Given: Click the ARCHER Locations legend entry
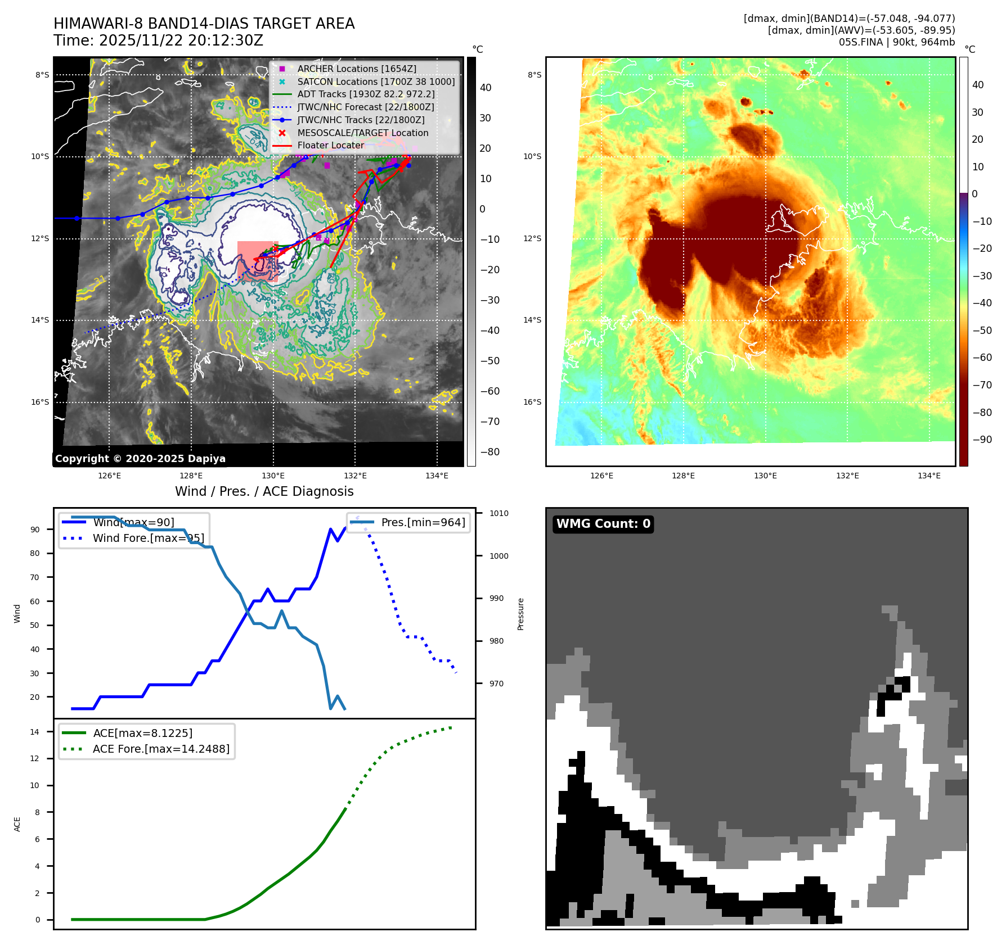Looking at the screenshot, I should pyautogui.click(x=357, y=69).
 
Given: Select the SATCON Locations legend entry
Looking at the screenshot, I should pyautogui.click(x=376, y=82).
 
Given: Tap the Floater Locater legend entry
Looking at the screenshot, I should pyautogui.click(x=330, y=145).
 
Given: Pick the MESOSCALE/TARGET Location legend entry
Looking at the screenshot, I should pyautogui.click(x=362, y=133).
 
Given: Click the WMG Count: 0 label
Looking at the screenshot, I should pyautogui.click(x=603, y=524).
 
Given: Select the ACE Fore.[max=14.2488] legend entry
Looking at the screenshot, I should pyautogui.click(x=161, y=749).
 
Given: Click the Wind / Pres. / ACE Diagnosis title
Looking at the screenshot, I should pyautogui.click(x=264, y=491).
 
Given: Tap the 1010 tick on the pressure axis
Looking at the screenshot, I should pyautogui.click(x=498, y=513).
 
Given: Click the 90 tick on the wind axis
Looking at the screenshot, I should pyautogui.click(x=35, y=530).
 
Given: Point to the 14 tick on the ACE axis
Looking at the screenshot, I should pyautogui.click(x=35, y=732).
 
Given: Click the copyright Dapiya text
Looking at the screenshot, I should pyautogui.click(x=140, y=459).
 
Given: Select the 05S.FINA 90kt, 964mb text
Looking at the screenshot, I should pyautogui.click(x=896, y=42).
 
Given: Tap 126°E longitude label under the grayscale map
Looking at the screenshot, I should pyautogui.click(x=109, y=476).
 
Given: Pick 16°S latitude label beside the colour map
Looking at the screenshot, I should pyautogui.click(x=532, y=402).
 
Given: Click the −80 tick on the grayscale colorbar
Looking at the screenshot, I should pyautogui.click(x=489, y=452).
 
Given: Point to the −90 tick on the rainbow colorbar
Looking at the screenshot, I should pyautogui.click(x=982, y=440).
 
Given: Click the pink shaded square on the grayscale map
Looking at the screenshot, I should pyautogui.click(x=257, y=261).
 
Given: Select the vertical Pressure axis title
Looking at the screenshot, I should pyautogui.click(x=520, y=614).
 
